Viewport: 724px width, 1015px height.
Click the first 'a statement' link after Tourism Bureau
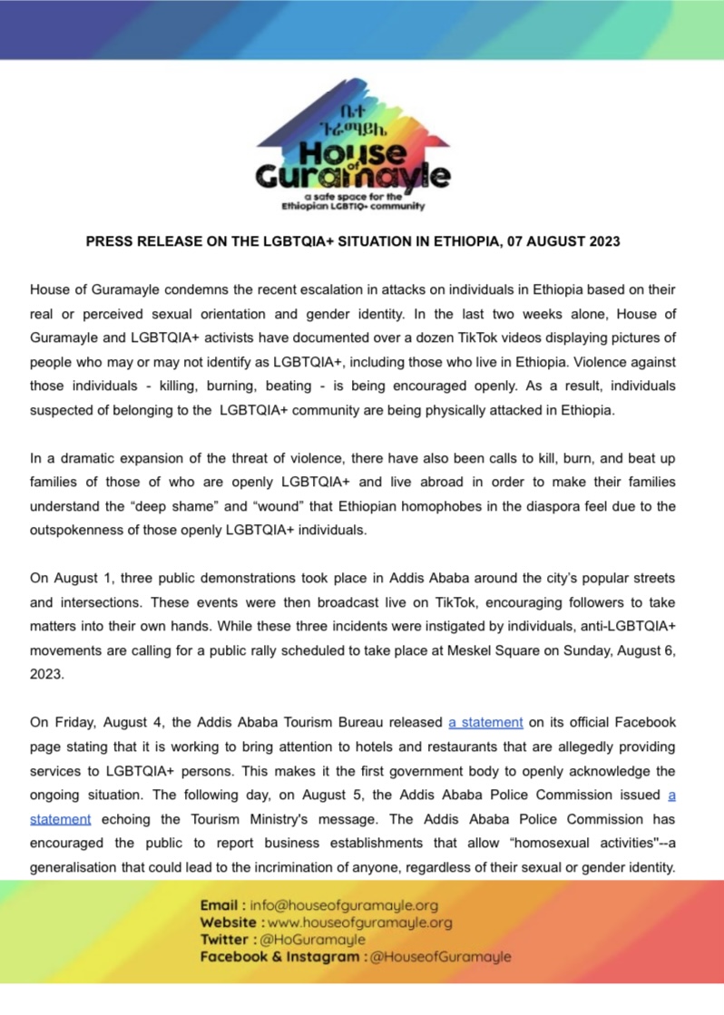(x=485, y=723)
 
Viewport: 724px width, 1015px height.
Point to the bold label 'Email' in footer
(x=221, y=905)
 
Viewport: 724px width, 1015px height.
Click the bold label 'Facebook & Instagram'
(x=279, y=957)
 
